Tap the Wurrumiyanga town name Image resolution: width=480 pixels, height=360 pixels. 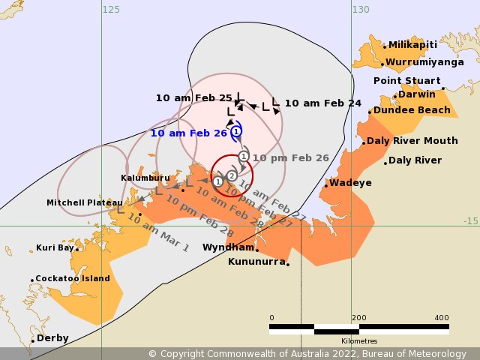tap(424, 62)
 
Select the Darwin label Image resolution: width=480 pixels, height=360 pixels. tap(416, 94)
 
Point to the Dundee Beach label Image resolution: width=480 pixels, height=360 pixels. tap(412, 110)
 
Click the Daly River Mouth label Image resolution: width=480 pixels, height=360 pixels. tap(412, 141)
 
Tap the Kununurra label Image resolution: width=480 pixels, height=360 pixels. tap(256, 262)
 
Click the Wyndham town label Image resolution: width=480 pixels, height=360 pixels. tap(229, 247)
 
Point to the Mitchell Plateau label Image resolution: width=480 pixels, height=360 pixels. tap(74, 203)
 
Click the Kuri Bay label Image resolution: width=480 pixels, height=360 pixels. tap(55, 248)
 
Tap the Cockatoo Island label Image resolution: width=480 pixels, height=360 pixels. tap(73, 279)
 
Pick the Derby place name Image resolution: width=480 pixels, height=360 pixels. tap(52, 338)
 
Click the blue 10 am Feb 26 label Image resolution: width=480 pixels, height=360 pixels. tap(188, 133)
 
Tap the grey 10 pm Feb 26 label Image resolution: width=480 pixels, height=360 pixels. tap(290, 158)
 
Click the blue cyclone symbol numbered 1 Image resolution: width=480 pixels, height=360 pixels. tap(236, 131)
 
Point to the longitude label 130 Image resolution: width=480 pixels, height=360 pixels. tap(361, 10)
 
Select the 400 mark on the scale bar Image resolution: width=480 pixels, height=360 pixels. tap(441, 317)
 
